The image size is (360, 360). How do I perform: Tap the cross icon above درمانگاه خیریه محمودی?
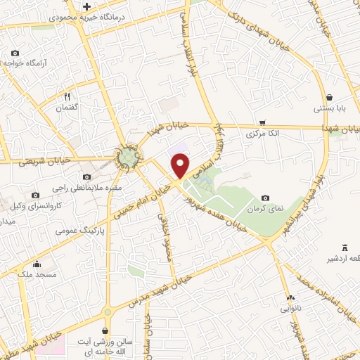pos(86,6)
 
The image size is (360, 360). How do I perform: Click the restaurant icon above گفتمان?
pos(68,95)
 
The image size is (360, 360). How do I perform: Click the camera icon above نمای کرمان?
pos(265,199)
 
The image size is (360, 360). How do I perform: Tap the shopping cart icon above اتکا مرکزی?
pos(263,122)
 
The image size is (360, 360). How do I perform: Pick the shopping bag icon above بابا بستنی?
pos(330,98)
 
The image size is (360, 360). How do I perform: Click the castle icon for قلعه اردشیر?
pos(345,247)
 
